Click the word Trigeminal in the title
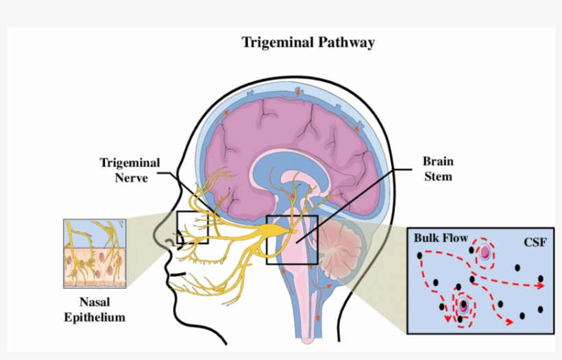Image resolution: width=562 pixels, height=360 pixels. click(278, 43)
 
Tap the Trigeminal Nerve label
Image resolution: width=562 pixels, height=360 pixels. click(130, 170)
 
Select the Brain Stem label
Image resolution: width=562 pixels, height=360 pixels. click(437, 169)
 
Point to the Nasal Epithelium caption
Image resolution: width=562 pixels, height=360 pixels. click(95, 309)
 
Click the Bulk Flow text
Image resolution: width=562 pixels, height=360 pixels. click(441, 239)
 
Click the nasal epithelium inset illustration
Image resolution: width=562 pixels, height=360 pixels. click(95, 253)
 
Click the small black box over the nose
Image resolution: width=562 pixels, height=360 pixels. click(192, 228)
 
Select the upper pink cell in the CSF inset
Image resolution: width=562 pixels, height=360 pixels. click(485, 252)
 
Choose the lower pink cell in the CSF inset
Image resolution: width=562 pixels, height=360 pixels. click(463, 305)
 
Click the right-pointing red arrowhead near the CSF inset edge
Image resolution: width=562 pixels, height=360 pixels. click(541, 286)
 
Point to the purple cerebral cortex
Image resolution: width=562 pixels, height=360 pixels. click(288, 137)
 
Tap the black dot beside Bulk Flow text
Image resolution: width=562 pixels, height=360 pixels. click(419, 256)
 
